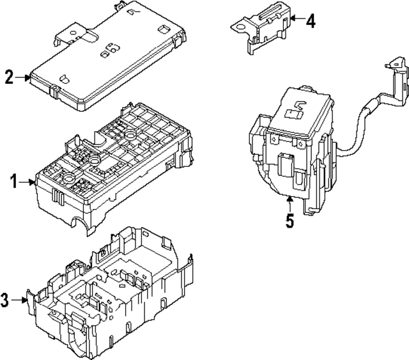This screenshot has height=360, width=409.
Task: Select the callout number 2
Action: (x=9, y=78)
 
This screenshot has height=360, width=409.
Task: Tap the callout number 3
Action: (x=6, y=299)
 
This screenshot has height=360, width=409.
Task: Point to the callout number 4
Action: (x=310, y=22)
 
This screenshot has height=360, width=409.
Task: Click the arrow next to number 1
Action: (x=29, y=183)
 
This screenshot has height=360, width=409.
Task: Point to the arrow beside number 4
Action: (x=295, y=22)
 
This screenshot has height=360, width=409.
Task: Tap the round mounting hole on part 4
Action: (x=238, y=26)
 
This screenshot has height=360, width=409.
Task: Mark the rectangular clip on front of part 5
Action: (x=285, y=166)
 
